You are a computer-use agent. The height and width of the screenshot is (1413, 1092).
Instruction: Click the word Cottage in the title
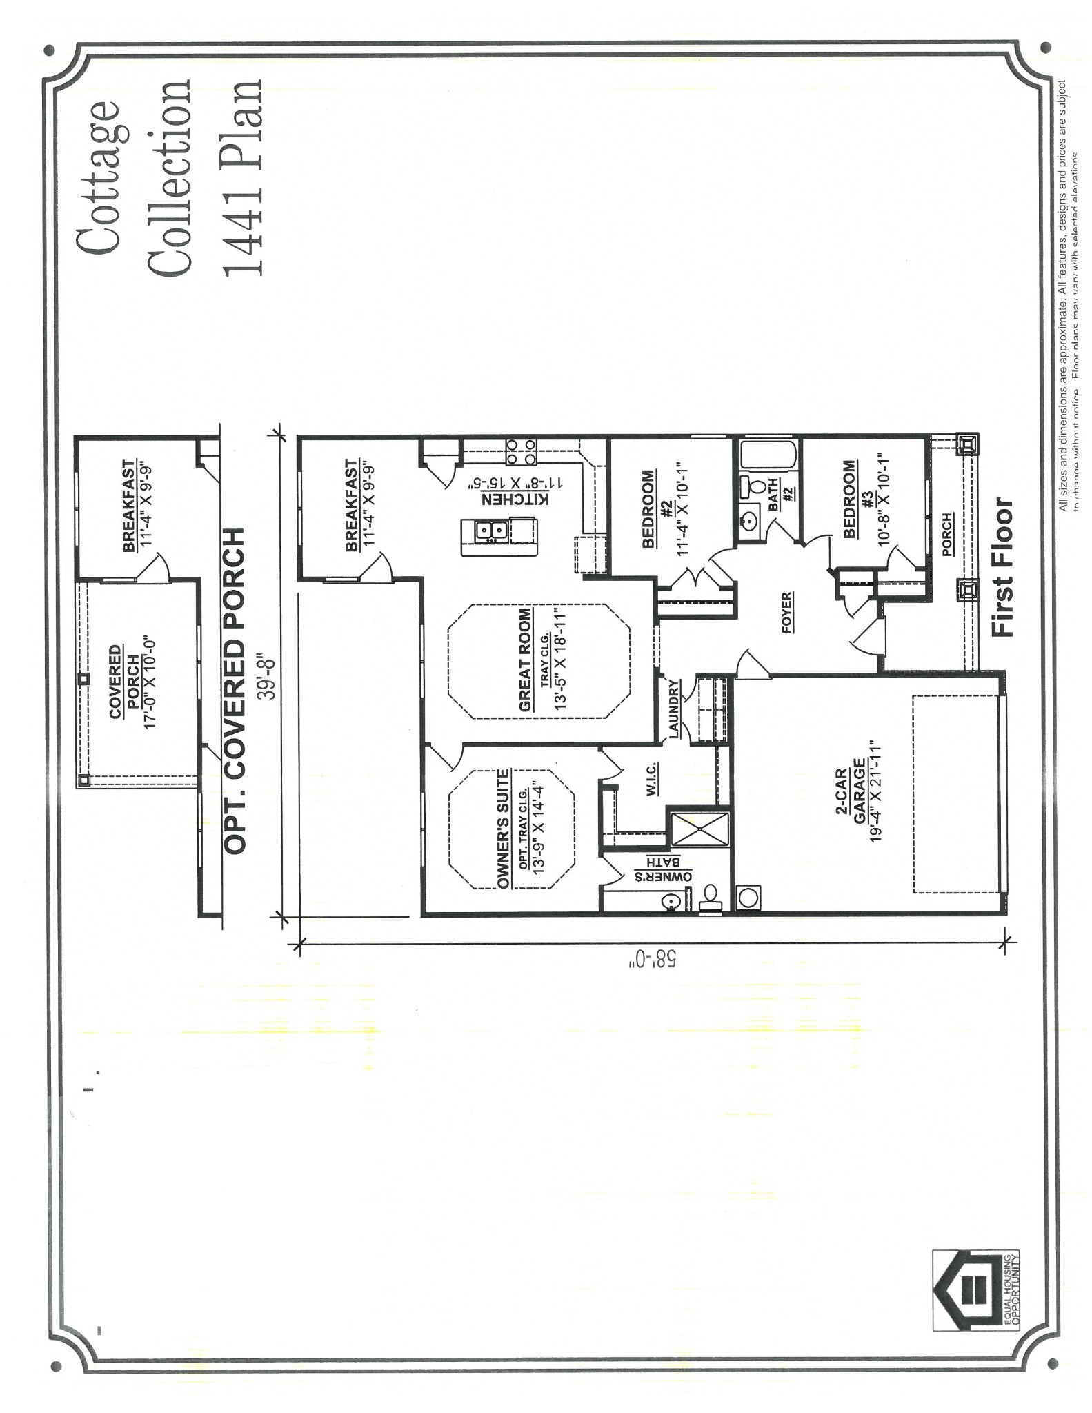pos(97,178)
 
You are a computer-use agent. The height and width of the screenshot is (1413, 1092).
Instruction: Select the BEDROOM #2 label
pos(657,508)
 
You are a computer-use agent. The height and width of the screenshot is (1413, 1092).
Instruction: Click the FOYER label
pos(786,613)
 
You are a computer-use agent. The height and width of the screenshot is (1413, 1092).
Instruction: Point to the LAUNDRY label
pos(674,711)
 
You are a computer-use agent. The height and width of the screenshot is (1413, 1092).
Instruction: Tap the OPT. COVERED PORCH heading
pos(235,691)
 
